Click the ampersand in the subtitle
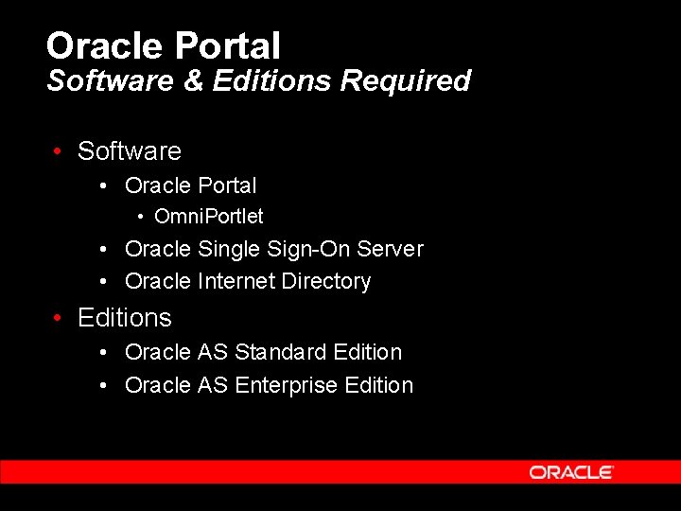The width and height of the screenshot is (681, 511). (x=193, y=80)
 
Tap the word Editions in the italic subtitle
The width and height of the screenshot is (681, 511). (x=271, y=80)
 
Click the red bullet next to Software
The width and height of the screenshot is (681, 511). (x=59, y=151)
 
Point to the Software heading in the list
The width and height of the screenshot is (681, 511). (x=130, y=151)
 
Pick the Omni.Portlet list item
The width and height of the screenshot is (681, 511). (x=208, y=217)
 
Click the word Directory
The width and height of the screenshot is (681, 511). (x=325, y=282)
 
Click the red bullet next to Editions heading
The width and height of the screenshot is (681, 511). (x=59, y=318)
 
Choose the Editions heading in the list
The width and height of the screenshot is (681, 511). (x=125, y=318)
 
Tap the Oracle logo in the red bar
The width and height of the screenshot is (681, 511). (x=571, y=472)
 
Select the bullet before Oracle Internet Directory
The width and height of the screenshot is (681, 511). (x=106, y=282)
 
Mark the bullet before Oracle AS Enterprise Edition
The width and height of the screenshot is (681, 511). (x=106, y=386)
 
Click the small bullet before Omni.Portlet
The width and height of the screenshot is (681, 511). (x=140, y=218)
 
